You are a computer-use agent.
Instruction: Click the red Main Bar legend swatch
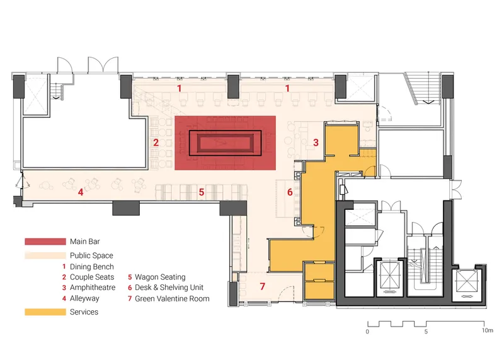point(45,241)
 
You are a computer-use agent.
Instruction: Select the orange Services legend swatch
point(45,312)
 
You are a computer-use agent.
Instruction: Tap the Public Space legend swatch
point(45,255)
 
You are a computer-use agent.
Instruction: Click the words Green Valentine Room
point(172,299)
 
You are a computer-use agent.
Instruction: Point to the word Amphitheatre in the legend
point(93,287)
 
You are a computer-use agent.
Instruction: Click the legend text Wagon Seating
point(160,277)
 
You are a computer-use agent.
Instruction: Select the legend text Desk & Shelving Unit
point(169,287)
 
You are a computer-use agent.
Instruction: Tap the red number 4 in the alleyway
point(81,192)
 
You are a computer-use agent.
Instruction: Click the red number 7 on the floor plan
point(263,286)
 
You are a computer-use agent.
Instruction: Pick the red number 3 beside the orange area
point(316,142)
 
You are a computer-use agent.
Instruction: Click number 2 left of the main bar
point(156,142)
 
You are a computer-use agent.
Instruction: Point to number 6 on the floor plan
point(290,192)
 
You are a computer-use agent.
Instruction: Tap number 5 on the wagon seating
point(202,192)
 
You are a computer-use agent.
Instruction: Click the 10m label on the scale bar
point(487,330)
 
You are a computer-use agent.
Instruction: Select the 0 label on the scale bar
point(367,332)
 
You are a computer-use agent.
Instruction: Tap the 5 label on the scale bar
point(426,332)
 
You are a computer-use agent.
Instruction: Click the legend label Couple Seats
point(92,277)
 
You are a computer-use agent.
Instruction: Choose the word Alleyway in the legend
point(84,299)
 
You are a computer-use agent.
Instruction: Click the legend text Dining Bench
point(92,267)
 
